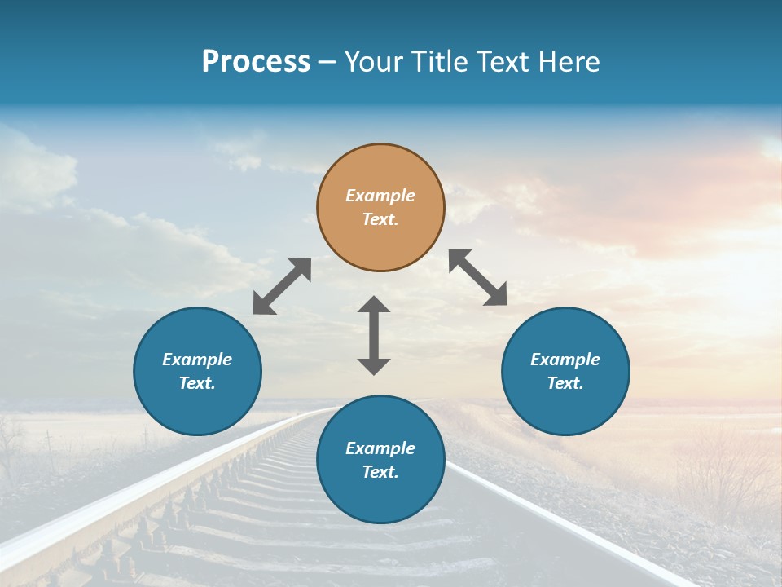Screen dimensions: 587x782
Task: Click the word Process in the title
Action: pos(256,62)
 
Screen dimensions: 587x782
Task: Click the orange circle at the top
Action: pos(380,207)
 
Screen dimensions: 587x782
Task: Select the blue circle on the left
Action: pos(197,371)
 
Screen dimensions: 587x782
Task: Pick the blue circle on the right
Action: pos(565,371)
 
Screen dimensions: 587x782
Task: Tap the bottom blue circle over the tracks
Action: pos(380,460)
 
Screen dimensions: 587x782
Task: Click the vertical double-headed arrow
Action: pos(374,335)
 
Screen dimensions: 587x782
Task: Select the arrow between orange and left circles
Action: pos(282,286)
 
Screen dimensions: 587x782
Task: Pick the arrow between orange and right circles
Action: pos(478,277)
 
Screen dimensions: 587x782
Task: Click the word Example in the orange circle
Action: pos(380,196)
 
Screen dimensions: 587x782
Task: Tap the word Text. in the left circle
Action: pos(197,383)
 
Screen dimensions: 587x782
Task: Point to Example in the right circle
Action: pos(565,360)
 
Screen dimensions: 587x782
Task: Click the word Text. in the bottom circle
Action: pos(380,472)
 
